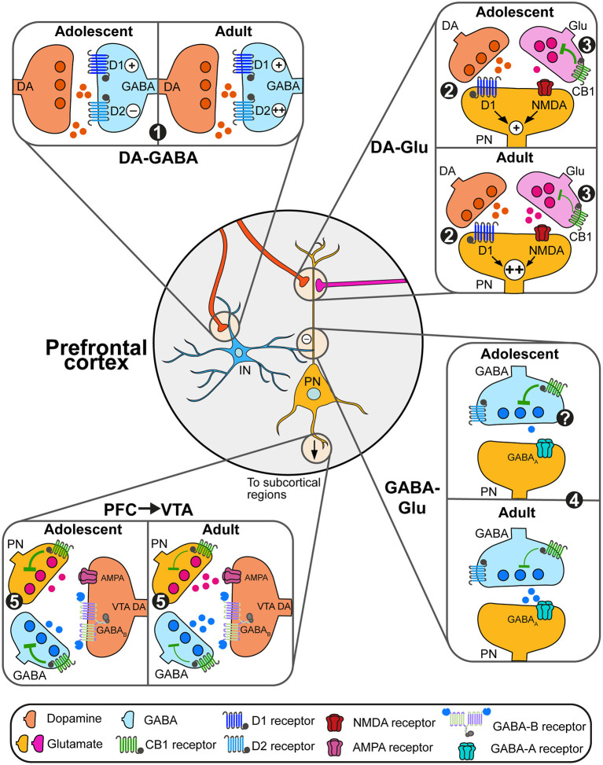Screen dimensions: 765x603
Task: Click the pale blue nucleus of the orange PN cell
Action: (313, 393)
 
